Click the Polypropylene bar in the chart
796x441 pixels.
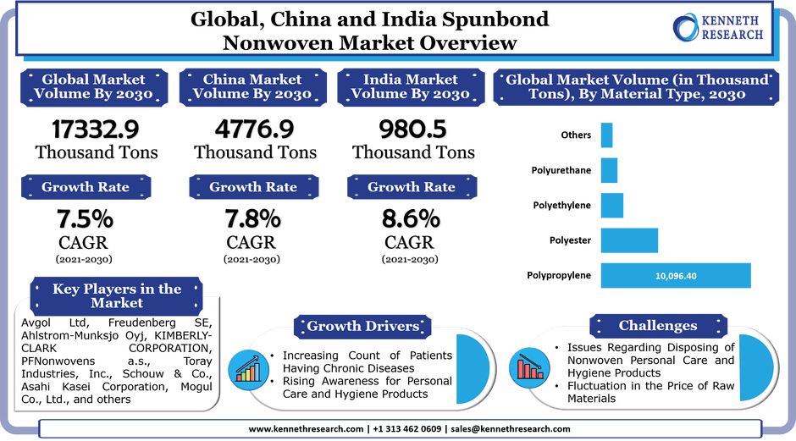coord(676,276)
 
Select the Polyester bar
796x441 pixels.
coord(629,240)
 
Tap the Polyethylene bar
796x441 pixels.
coord(612,206)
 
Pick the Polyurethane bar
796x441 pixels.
coord(609,170)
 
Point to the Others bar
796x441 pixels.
coord(606,135)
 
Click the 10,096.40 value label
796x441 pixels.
coord(676,276)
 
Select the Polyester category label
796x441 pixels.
coord(570,240)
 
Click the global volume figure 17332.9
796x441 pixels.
coord(96,129)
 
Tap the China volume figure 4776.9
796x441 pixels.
coord(254,129)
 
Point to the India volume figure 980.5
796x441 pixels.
coord(412,129)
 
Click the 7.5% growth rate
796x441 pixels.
coord(85,219)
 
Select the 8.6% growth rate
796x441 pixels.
coord(412,219)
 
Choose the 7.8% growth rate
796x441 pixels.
coord(253,219)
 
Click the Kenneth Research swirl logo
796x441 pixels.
coord(685,27)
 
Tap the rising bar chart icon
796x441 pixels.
coord(248,370)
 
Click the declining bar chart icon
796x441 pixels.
coord(529,368)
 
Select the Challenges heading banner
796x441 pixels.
coord(658,326)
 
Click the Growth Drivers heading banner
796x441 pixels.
coord(362,327)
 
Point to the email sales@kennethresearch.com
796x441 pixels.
coord(510,429)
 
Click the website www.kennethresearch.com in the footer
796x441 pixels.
coord(306,429)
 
